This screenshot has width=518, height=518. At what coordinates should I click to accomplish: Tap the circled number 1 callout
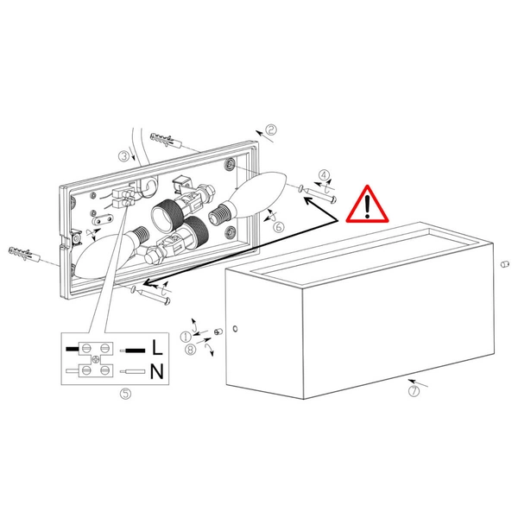tap(186, 337)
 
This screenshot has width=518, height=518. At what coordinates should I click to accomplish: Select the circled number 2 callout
tap(271, 129)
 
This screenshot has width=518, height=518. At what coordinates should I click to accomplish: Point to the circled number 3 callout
tap(124, 156)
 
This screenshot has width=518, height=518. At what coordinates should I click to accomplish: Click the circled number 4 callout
tap(324, 175)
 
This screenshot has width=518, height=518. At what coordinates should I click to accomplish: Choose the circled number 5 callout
tap(125, 394)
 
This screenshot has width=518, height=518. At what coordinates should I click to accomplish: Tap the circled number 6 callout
tap(279, 227)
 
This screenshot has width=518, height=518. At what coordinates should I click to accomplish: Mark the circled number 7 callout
tap(414, 391)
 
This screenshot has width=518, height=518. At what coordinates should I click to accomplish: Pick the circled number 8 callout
tap(190, 349)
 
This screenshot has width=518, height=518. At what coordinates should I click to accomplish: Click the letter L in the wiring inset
tap(157, 347)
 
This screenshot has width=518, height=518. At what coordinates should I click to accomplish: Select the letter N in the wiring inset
tap(157, 371)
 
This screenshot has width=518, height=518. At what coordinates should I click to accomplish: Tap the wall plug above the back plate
tap(166, 140)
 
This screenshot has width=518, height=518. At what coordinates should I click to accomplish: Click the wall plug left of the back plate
tap(24, 253)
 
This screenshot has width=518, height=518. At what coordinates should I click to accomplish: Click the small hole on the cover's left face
tap(235, 329)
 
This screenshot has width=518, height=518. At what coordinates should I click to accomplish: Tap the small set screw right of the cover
tap(504, 264)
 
